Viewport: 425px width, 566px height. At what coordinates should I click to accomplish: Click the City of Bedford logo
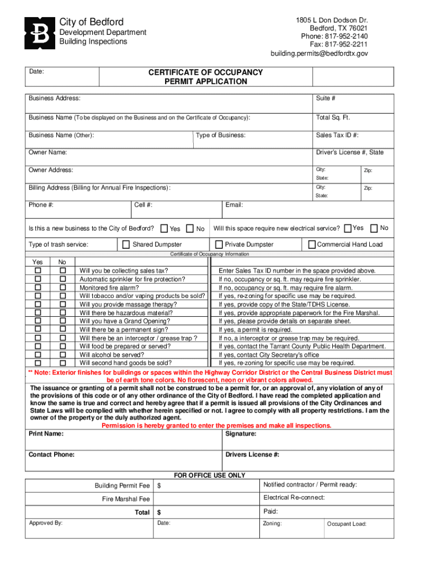pos(40,33)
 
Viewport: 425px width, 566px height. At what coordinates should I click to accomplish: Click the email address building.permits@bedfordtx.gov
pos(318,54)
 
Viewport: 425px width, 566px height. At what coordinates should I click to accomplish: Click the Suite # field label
pos(326,98)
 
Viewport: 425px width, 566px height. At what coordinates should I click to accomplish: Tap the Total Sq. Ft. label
pos(333,118)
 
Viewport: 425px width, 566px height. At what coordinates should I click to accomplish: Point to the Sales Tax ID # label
pos(337,135)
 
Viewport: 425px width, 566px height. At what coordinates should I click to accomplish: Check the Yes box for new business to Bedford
pos(164,228)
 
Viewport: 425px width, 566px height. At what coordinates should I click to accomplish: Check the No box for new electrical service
pos(374,228)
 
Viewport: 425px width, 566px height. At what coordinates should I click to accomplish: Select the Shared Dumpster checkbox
pos(126,244)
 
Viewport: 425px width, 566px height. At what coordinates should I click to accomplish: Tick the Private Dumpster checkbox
pos(219,244)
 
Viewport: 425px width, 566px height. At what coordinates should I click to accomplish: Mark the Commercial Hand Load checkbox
pos(312,244)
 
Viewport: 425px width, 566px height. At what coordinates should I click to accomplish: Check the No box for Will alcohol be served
pos(62,355)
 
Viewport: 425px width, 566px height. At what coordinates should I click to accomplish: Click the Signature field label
pos(241,434)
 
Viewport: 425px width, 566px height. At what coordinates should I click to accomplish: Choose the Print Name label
pos(46,434)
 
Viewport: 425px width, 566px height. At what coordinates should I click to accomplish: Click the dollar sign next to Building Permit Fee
pos(159,486)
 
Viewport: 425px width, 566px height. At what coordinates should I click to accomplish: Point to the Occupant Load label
pos(347,524)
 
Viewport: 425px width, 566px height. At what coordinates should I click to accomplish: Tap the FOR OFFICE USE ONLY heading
pos(210,475)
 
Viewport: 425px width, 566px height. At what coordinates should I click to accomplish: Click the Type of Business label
pos(221,135)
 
